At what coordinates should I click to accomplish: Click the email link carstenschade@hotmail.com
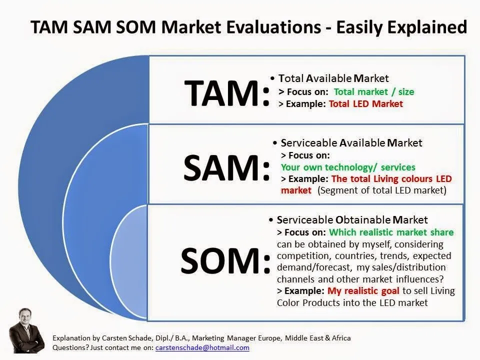click(x=202, y=347)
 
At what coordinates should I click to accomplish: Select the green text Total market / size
click(x=373, y=92)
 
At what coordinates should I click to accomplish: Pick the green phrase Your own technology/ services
click(x=348, y=167)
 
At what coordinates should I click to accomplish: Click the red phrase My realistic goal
click(x=363, y=291)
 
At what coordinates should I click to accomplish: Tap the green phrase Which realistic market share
click(x=391, y=232)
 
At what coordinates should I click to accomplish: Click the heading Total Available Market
click(x=333, y=78)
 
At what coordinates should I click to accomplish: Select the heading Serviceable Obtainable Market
click(x=352, y=220)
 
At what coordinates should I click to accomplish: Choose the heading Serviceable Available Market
click(x=351, y=143)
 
